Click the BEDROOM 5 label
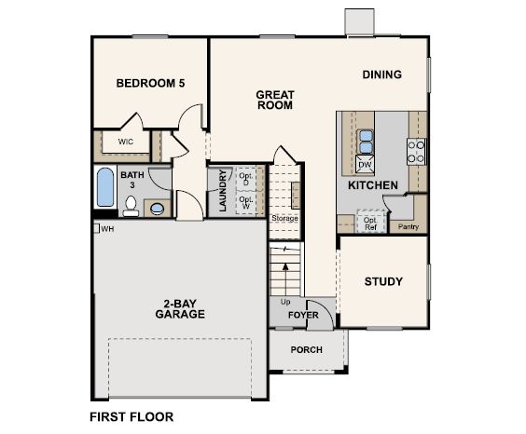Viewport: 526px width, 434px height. (150, 83)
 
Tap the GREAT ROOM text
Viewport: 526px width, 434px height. (275, 100)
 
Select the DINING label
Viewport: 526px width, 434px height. (381, 75)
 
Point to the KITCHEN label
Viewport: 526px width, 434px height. (373, 185)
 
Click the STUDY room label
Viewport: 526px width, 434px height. (383, 281)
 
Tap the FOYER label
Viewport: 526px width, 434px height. (303, 316)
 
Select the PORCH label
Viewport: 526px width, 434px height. (306, 349)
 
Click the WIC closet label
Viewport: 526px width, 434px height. (125, 142)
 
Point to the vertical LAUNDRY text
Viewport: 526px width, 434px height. (222, 191)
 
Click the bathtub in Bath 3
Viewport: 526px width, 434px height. (104, 188)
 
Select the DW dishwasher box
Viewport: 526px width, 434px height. (365, 165)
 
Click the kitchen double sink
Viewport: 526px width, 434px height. (365, 141)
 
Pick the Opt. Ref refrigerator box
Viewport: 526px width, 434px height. (369, 223)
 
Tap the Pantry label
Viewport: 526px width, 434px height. (408, 226)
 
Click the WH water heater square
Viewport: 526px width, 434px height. (95, 228)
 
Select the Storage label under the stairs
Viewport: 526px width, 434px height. (284, 218)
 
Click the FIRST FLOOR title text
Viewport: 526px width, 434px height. (131, 417)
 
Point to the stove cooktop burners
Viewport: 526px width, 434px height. (416, 151)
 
